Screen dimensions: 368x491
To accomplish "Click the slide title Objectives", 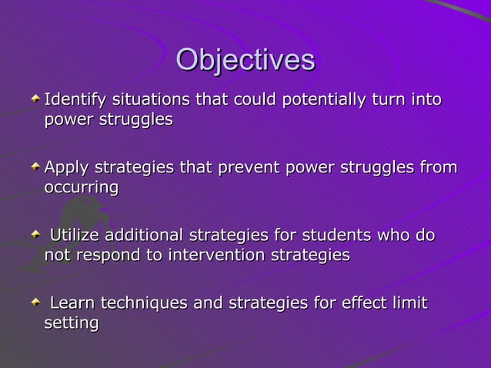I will tap(245, 61).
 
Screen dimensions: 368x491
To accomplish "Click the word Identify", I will tap(75, 100).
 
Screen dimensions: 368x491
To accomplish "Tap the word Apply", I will tap(66, 168).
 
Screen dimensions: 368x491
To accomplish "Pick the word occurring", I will tap(81, 187).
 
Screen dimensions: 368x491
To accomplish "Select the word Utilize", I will tap(75, 236).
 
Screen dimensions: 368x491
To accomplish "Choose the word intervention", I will tap(217, 255).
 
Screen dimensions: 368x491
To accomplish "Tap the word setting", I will tap(71, 323).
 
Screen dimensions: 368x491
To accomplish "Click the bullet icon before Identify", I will tap(35, 101).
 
